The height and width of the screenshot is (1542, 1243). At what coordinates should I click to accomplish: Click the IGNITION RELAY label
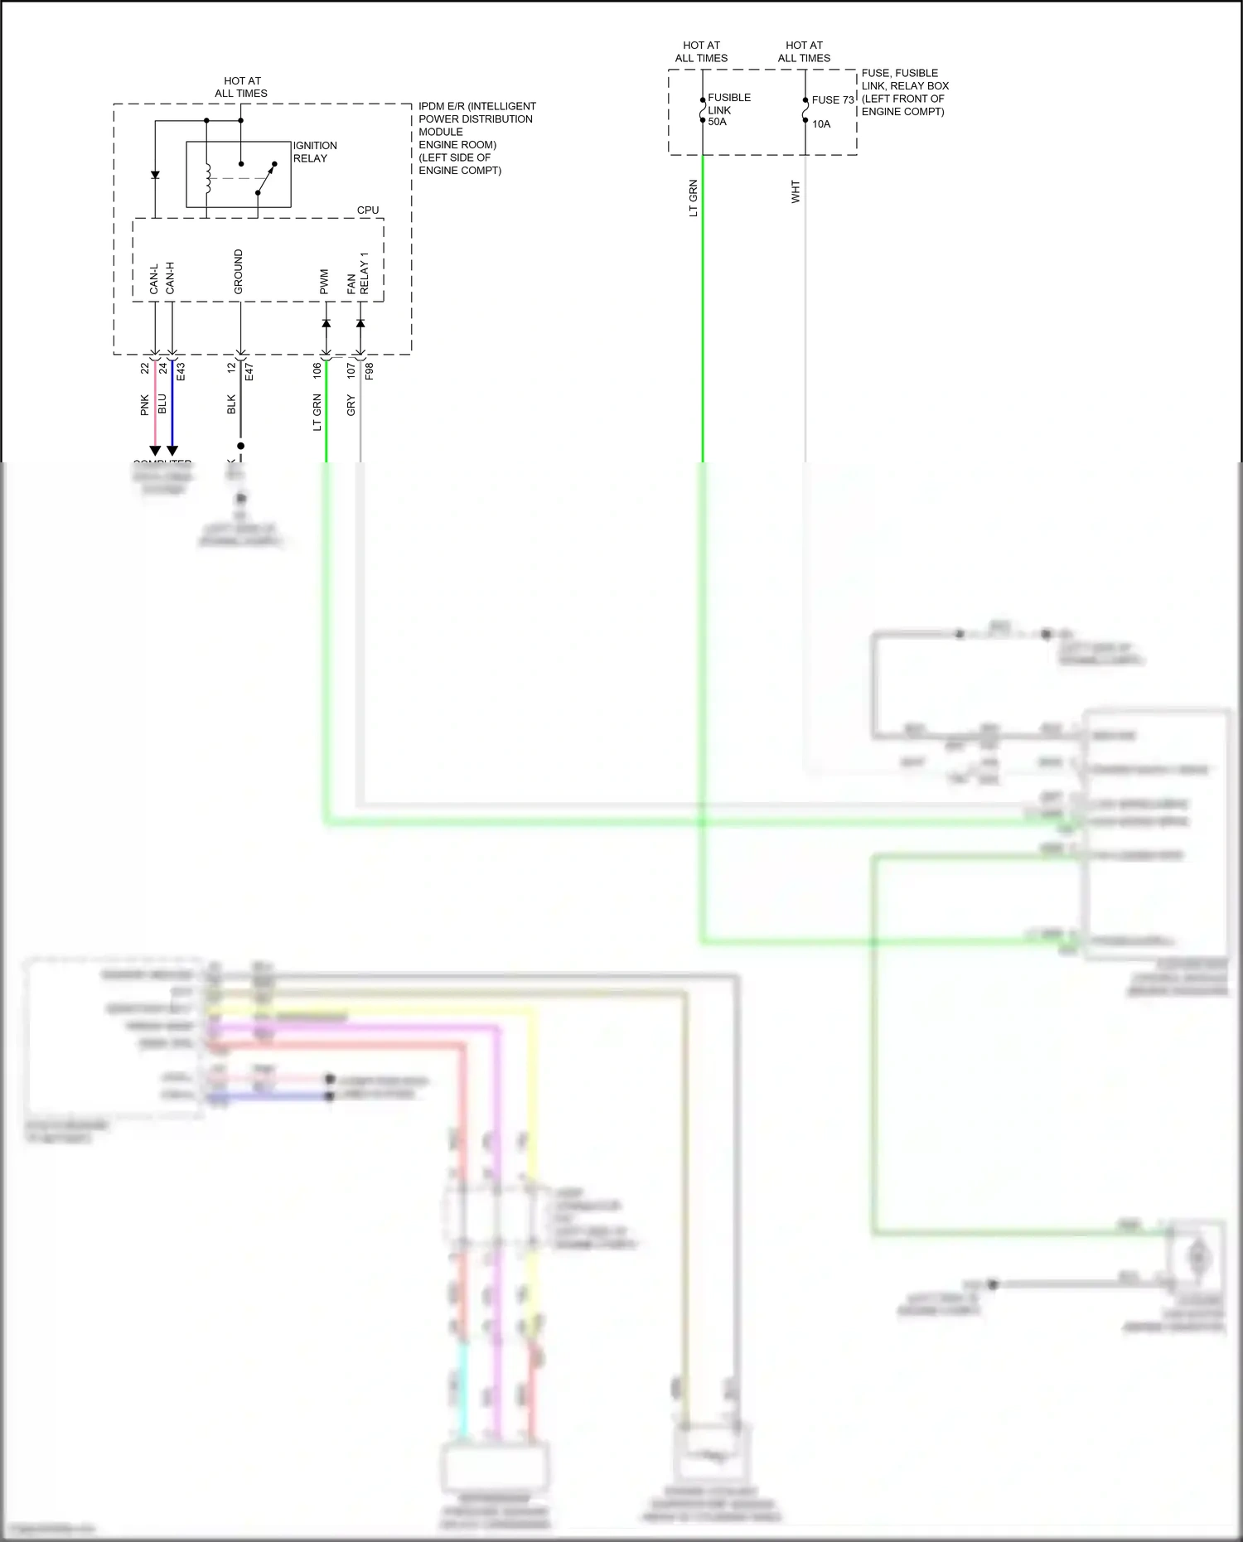click(x=315, y=152)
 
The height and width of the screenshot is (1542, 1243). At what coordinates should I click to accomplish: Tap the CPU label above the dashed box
click(x=368, y=210)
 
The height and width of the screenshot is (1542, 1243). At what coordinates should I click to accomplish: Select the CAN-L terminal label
click(x=154, y=279)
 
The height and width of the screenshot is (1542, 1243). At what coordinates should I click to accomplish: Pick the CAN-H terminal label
click(x=171, y=278)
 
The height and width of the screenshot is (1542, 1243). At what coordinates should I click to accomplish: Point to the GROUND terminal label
click(x=239, y=272)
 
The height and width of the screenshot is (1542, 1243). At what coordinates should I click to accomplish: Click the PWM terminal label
click(x=325, y=282)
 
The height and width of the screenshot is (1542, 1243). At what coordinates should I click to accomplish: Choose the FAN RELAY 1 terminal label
click(x=358, y=273)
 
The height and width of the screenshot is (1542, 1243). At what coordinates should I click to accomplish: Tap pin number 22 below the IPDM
click(x=145, y=368)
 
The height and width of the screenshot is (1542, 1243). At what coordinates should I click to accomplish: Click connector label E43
click(x=181, y=371)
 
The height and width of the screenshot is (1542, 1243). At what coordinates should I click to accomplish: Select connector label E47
click(x=249, y=371)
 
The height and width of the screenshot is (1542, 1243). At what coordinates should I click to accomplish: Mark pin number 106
click(x=317, y=371)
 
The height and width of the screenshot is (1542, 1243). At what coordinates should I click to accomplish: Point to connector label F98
click(x=370, y=371)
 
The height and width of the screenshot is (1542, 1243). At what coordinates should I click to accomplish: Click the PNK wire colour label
click(x=145, y=405)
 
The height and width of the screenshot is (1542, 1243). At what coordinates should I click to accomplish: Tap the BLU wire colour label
click(x=162, y=404)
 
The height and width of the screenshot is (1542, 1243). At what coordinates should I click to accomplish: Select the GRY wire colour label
click(x=351, y=406)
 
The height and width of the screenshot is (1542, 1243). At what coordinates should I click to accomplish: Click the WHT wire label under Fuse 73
click(x=796, y=192)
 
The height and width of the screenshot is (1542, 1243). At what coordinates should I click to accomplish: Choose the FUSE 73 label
click(x=833, y=99)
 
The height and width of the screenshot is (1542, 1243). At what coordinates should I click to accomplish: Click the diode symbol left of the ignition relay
click(x=155, y=175)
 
